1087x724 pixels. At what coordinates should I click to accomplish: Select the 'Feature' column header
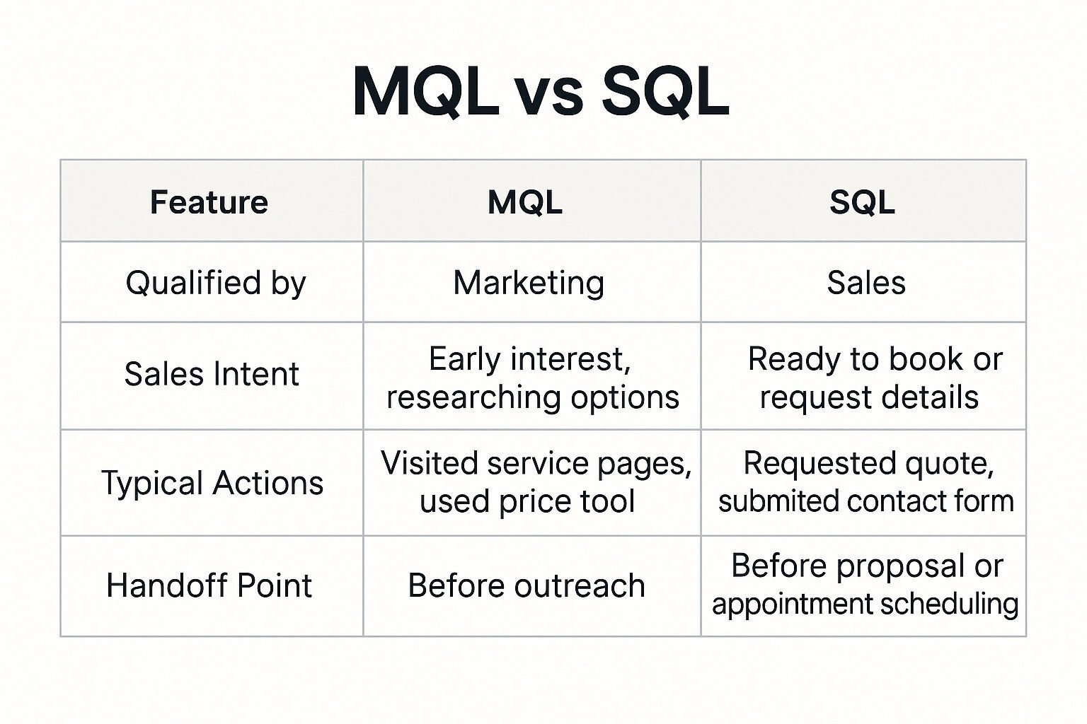click(x=209, y=202)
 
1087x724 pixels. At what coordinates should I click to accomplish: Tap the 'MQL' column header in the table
click(x=525, y=202)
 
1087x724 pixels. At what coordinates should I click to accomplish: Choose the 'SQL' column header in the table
click(x=862, y=202)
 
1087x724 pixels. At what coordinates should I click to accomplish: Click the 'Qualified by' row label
click(x=215, y=283)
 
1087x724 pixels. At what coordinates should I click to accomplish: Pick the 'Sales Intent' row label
click(x=212, y=374)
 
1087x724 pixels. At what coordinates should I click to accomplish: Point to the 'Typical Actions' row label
click(x=212, y=484)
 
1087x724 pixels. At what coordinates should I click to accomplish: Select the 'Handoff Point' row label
click(x=209, y=586)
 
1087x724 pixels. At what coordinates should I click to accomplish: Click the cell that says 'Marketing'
click(x=529, y=283)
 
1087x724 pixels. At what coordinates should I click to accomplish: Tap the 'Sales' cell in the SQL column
click(x=866, y=283)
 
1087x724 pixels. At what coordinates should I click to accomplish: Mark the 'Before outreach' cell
click(x=527, y=586)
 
